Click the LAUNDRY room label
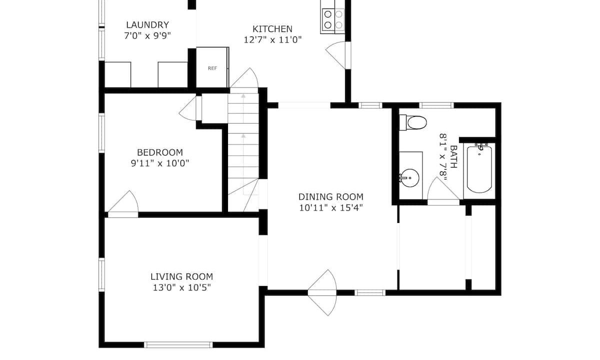pyautogui.click(x=147, y=25)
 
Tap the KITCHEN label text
pyautogui.click(x=272, y=29)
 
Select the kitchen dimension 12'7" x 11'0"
pyautogui.click(x=272, y=40)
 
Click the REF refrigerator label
pyautogui.click(x=212, y=68)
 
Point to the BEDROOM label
pyautogui.click(x=160, y=152)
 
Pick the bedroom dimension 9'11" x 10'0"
pyautogui.click(x=160, y=163)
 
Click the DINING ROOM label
pyautogui.click(x=331, y=197)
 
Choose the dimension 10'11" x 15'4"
pyautogui.click(x=331, y=208)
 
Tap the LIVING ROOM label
pyautogui.click(x=181, y=276)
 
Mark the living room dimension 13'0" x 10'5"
pyautogui.click(x=181, y=287)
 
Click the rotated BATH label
pyautogui.click(x=453, y=156)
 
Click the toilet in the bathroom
pyautogui.click(x=413, y=122)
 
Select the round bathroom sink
pyautogui.click(x=410, y=178)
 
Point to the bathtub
pyautogui.click(x=479, y=169)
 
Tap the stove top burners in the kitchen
pyautogui.click(x=333, y=19)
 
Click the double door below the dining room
pyautogui.click(x=322, y=292)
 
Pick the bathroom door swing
pyautogui.click(x=442, y=190)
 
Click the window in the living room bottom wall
pyautogui.click(x=178, y=345)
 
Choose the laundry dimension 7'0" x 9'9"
pyautogui.click(x=147, y=35)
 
